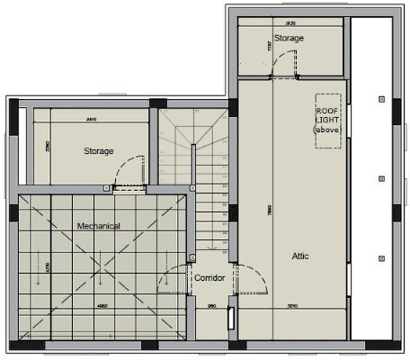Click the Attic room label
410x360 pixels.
[300, 256]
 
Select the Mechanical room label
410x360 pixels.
[98, 226]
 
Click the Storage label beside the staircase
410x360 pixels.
[98, 151]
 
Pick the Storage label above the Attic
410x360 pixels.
[289, 39]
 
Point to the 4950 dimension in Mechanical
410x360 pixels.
[80, 306]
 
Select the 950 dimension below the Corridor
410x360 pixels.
[212, 307]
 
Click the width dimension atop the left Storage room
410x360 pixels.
[91, 118]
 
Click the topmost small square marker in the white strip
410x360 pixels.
[381, 95]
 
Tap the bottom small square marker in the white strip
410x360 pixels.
[381, 258]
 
